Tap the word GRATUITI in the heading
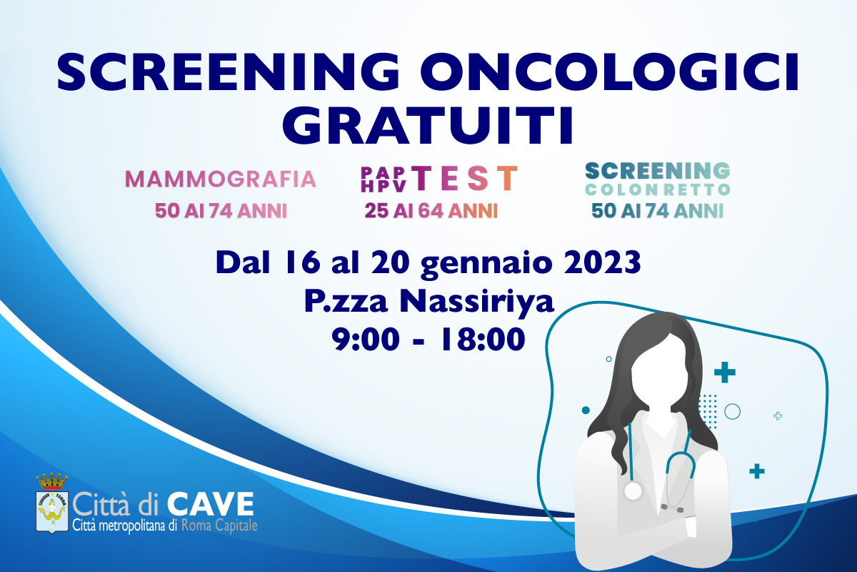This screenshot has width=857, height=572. [x=428, y=125]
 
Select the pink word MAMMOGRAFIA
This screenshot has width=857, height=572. [x=221, y=179]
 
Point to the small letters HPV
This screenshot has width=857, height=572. [x=384, y=186]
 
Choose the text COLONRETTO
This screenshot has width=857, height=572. [x=658, y=190]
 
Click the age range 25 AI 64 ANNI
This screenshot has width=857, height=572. [x=431, y=211]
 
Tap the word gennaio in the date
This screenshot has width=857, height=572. [x=486, y=264]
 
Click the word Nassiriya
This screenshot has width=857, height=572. [x=477, y=302]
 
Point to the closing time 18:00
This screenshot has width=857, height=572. [x=483, y=339]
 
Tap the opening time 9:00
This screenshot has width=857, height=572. [x=366, y=339]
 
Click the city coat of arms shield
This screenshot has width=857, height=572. [x=52, y=512]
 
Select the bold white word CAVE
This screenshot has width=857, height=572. [x=211, y=504]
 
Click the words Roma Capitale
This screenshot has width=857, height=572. [x=219, y=526]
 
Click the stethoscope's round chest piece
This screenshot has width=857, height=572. [x=633, y=490]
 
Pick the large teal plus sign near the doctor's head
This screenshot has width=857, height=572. [x=725, y=372]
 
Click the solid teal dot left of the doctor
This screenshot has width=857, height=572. [x=586, y=410]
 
